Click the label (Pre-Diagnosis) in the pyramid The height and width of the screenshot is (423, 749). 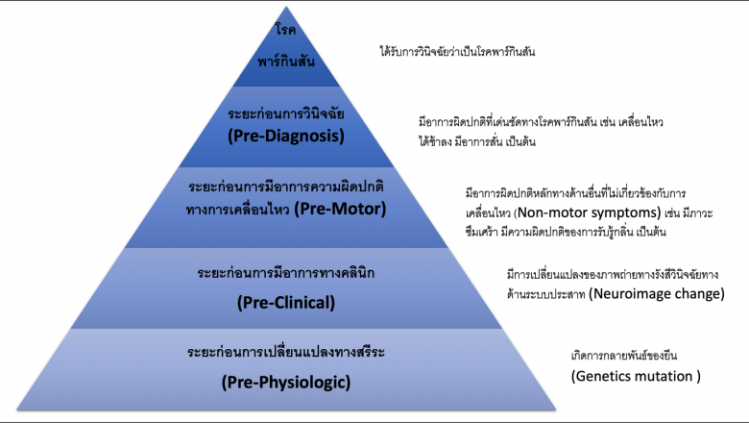[285, 136]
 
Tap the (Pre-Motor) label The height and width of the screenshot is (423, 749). [339, 208]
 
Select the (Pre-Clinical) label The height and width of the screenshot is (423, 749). [285, 303]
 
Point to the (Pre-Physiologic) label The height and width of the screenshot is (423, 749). [285, 382]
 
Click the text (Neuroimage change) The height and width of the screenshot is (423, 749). [656, 293]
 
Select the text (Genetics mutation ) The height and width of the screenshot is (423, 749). [635, 375]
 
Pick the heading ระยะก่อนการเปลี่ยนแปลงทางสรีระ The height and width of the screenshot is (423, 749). [285, 353]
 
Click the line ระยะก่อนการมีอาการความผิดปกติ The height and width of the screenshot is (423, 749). [285, 185]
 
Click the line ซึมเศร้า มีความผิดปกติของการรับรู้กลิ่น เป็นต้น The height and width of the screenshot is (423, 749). [566, 232]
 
